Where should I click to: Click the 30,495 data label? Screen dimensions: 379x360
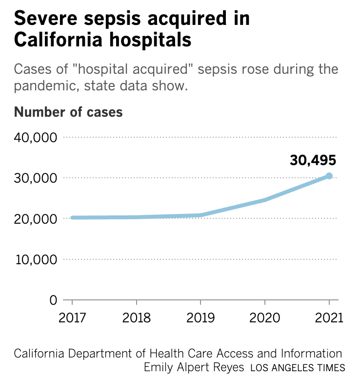tap(313, 160)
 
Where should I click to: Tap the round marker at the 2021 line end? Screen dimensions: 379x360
tap(329, 176)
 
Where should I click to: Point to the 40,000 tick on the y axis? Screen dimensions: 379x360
tap(35, 137)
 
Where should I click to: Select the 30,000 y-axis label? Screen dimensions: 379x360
tap(35, 178)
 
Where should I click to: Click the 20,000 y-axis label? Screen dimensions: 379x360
tap(35, 218)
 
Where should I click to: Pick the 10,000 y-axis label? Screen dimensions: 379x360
tap(35, 259)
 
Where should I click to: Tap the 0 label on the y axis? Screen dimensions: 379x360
tap(53, 299)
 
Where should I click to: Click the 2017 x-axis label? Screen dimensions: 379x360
tap(72, 318)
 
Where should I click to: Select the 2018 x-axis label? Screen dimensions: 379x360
tap(137, 318)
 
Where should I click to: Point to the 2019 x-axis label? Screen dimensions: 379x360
tap(200, 318)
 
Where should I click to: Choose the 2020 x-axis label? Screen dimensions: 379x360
tap(265, 318)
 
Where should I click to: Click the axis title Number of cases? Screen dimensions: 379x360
tap(68, 112)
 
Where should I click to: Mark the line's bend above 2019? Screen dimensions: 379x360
tap(200, 215)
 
